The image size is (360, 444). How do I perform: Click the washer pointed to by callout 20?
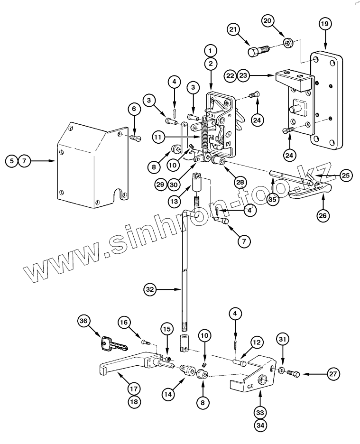pos(287,44)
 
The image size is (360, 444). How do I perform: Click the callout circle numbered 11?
pos(159,137)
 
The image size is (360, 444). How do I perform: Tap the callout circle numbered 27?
pos(334,374)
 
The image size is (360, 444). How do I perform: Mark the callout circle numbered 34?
pos(260,426)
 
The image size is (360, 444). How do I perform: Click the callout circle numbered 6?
pos(134,110)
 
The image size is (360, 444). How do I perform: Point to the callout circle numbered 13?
pos(175,201)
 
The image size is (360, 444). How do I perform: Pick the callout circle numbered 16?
pos(124,323)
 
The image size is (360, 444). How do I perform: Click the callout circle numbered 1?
pos(211,49)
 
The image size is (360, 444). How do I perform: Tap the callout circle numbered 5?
pos(10,161)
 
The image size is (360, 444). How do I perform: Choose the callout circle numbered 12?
pos(256,342)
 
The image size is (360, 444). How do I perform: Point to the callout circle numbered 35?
pos(273,200)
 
